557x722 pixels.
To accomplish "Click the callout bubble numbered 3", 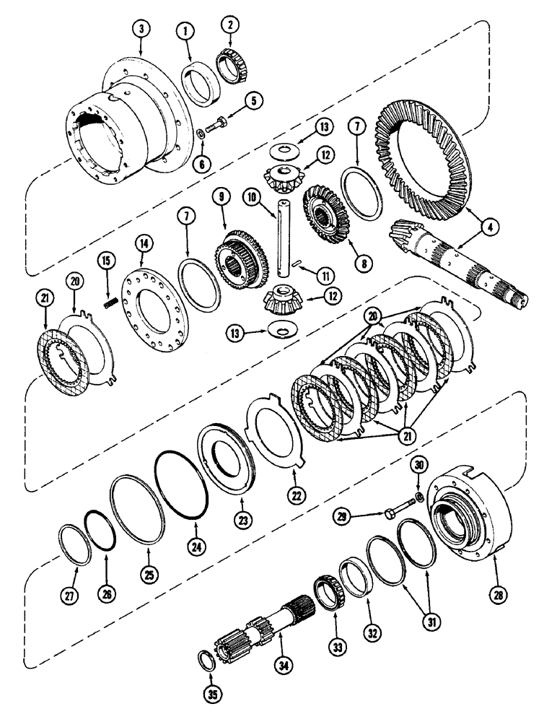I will coord(141,29).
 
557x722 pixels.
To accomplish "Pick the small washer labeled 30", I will coord(419,498).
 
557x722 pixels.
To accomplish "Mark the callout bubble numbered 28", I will coord(497,595).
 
